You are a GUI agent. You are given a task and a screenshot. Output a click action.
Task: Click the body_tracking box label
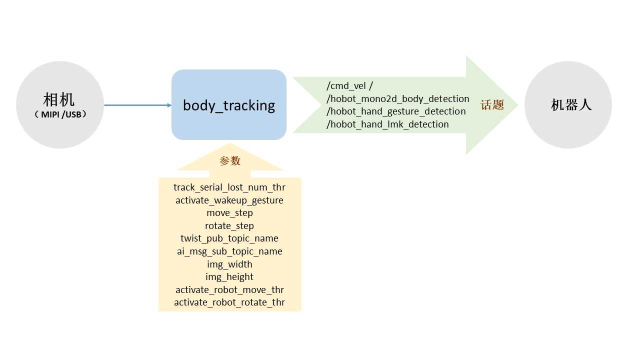[x=229, y=105]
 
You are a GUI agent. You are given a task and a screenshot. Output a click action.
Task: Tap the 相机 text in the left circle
[x=59, y=99]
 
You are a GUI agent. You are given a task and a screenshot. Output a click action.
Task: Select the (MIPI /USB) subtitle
[x=60, y=114]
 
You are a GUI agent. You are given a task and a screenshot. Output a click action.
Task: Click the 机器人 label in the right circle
[x=571, y=105]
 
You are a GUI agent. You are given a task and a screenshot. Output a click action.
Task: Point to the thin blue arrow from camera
[x=137, y=105]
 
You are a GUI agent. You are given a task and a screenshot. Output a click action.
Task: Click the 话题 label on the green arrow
[x=492, y=105]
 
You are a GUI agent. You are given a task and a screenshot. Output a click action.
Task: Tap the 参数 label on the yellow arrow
[x=230, y=161]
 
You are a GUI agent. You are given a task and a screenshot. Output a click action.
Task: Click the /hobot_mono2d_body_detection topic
[x=397, y=98]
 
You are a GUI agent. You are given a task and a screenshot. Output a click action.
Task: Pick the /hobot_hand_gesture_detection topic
[x=395, y=111]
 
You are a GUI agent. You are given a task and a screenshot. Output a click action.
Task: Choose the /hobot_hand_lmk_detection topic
[x=387, y=124]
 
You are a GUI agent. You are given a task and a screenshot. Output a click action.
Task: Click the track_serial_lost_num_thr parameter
[x=229, y=187]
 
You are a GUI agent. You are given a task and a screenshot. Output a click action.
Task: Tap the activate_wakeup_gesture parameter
[x=229, y=200]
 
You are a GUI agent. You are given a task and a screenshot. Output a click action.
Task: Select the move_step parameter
[x=229, y=213]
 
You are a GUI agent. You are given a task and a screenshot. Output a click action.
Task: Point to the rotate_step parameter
[x=229, y=226]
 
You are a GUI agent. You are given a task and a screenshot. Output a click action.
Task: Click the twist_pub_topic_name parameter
[x=229, y=238]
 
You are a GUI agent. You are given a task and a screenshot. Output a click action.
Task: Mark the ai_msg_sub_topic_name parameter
[x=229, y=251]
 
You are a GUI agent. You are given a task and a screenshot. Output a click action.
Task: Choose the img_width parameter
[x=229, y=264]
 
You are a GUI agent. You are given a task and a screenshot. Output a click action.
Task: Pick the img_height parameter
[x=229, y=277]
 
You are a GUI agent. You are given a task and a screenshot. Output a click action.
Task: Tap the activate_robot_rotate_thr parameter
[x=229, y=302]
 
